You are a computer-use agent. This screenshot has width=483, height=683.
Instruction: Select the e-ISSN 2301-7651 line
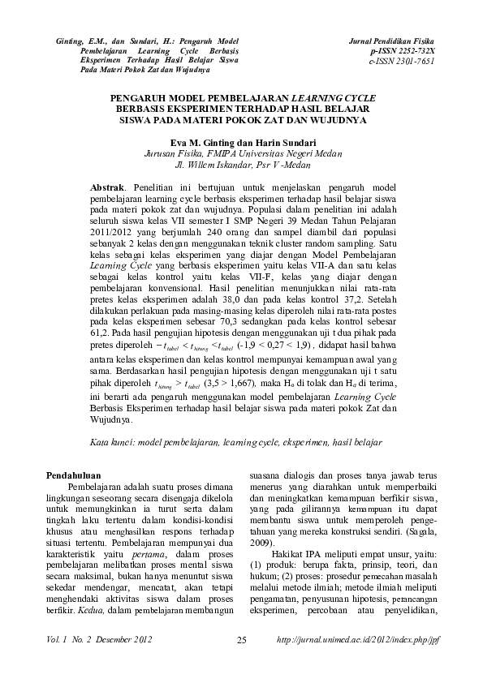(401, 61)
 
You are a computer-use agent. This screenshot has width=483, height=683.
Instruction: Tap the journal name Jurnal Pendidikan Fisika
(391, 40)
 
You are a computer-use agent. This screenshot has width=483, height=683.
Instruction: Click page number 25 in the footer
(241, 642)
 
